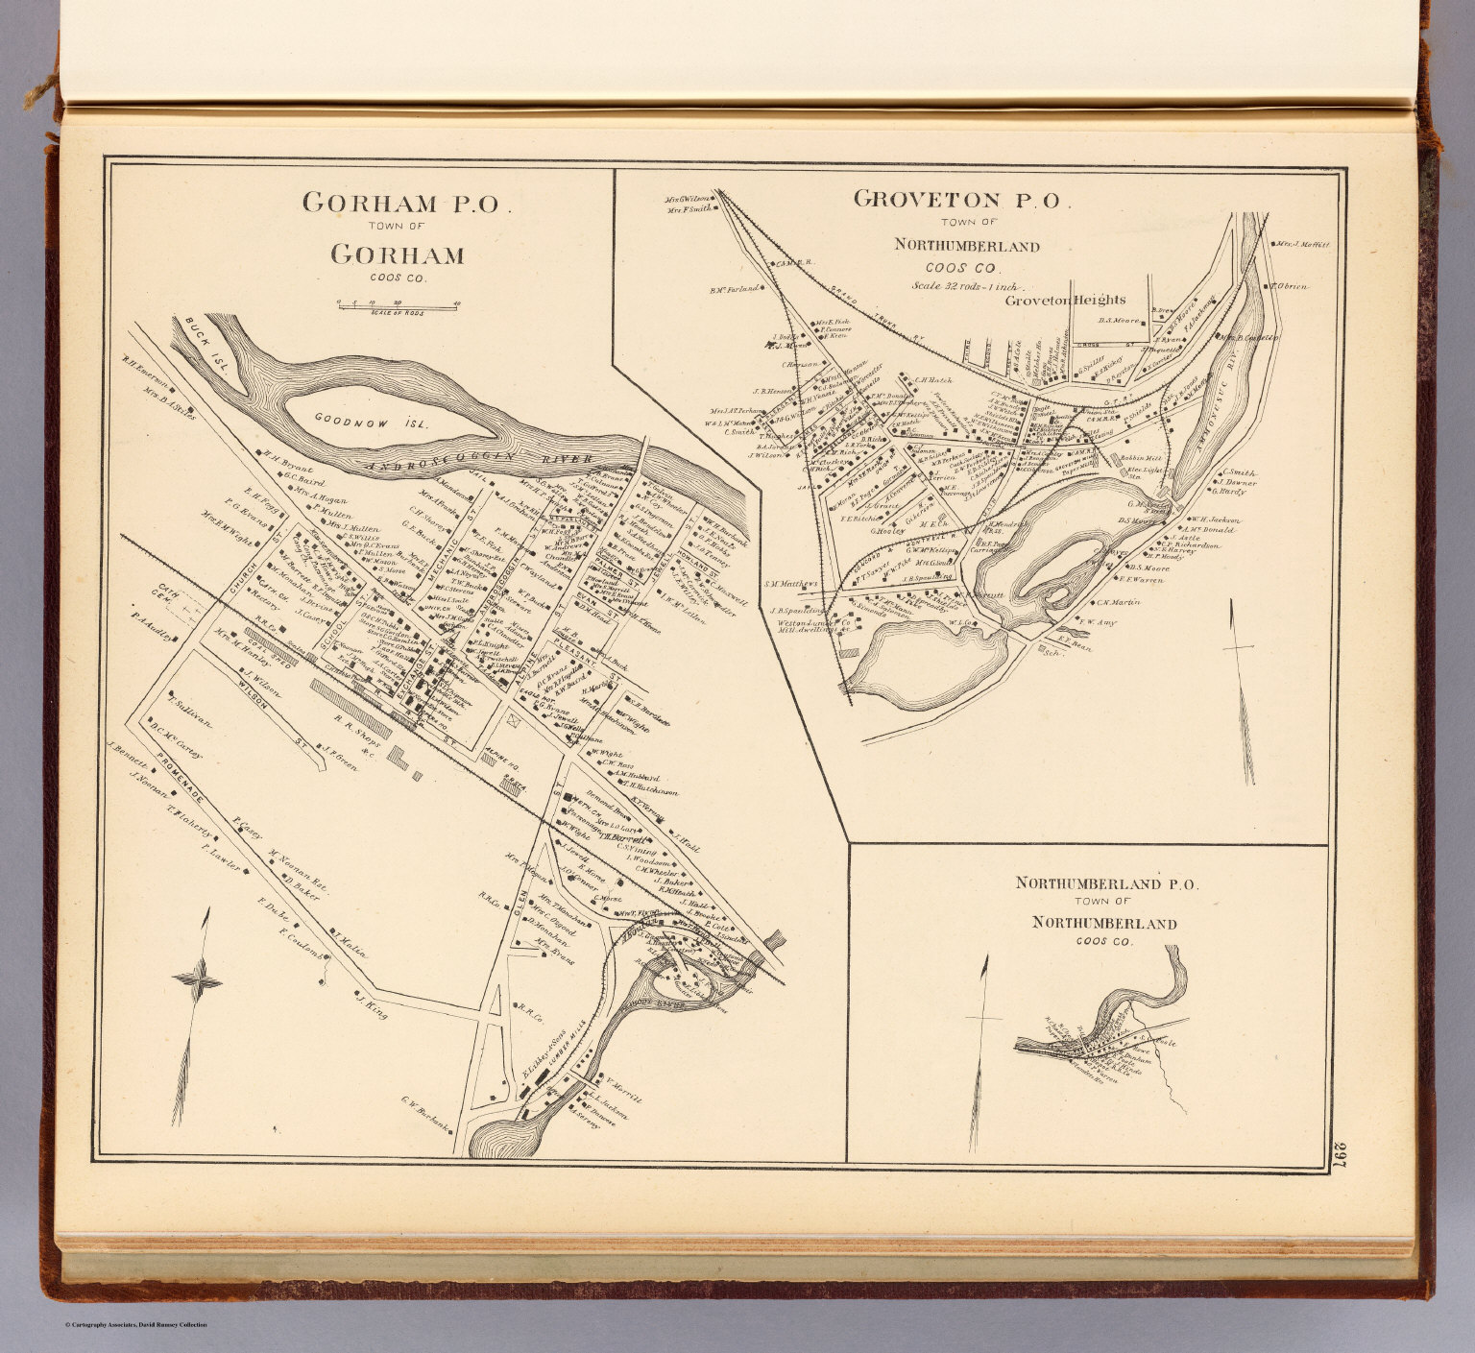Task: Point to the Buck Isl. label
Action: click(x=201, y=332)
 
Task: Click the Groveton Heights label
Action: click(x=1078, y=300)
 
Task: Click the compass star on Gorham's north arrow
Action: click(x=198, y=980)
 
